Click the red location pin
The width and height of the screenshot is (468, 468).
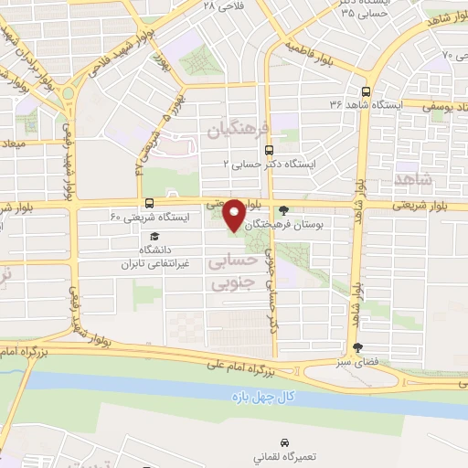[234, 214]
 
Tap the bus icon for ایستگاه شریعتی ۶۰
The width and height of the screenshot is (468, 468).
[148, 204]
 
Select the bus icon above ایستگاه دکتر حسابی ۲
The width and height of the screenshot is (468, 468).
[268, 150]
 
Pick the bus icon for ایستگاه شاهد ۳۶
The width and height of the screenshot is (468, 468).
[366, 92]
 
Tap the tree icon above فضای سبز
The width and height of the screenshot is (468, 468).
[357, 347]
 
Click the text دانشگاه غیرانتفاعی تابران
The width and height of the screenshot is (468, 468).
[155, 256]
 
